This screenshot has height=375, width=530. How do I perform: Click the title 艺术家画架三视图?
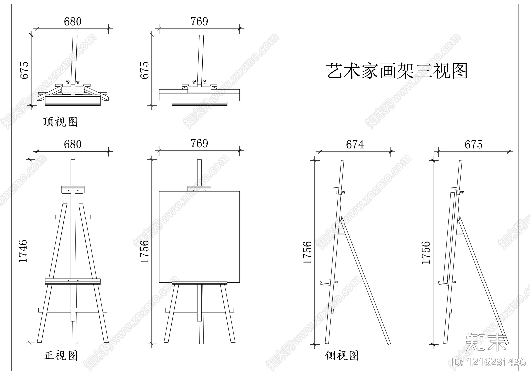[397, 71]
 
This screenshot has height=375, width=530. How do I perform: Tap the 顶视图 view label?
[60, 122]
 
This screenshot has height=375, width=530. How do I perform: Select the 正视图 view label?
[60, 355]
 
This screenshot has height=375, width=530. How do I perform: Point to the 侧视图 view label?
[342, 355]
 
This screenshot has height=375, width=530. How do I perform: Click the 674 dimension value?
[355, 145]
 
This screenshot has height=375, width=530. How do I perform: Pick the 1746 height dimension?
[23, 251]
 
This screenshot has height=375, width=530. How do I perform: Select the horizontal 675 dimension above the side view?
[473, 145]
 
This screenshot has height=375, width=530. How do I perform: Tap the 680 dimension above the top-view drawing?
[73, 22]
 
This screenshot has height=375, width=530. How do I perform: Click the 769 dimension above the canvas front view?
[199, 144]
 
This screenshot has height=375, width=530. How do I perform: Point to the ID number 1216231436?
[488, 362]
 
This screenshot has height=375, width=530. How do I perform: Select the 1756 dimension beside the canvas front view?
[145, 251]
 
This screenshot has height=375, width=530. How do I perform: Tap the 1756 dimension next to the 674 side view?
[307, 253]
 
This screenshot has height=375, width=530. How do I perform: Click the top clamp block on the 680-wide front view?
[73, 190]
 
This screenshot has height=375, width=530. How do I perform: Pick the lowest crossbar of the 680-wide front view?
[73, 310]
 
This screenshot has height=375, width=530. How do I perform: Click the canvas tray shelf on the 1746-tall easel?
[73, 281]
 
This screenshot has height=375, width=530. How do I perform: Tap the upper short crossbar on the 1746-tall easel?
[73, 217]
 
